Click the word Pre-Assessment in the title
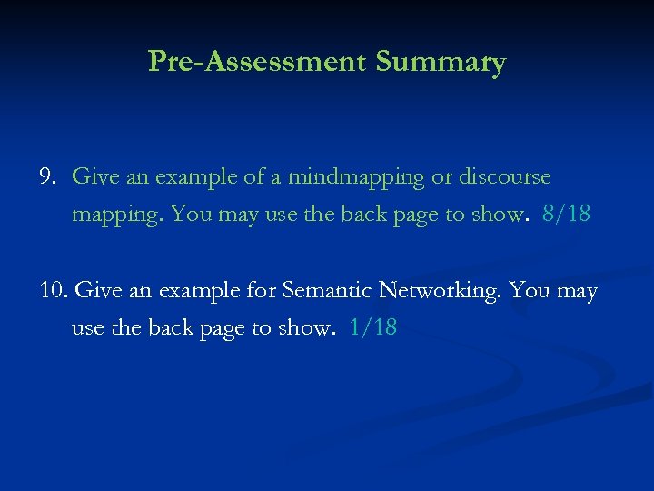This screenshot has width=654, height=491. [256, 62]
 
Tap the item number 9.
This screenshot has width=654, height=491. [48, 176]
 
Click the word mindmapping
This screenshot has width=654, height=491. [356, 176]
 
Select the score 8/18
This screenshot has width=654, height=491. [566, 215]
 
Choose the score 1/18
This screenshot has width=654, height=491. [373, 328]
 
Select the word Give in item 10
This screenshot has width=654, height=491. [95, 291]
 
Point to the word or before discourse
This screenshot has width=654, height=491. [441, 176]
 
